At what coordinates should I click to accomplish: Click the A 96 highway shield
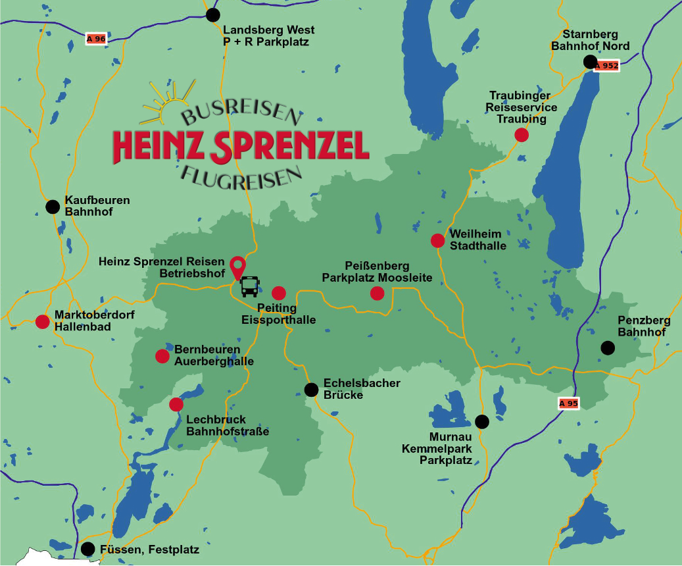96,39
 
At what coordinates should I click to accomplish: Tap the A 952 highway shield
607,66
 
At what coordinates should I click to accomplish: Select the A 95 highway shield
569,403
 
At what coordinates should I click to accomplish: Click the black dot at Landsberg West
212,15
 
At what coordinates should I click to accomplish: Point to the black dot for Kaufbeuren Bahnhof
53,207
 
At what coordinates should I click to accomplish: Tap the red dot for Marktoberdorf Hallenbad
42,322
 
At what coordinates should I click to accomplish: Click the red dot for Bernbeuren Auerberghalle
162,356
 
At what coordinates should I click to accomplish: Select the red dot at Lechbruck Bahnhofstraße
176,404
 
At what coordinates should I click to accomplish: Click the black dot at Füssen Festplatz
87,549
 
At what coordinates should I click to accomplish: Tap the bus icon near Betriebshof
250,286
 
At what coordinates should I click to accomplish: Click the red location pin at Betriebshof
237,267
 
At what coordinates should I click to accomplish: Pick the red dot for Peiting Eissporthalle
279,293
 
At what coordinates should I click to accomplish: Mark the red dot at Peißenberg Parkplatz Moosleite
377,293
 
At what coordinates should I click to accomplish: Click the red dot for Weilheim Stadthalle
438,240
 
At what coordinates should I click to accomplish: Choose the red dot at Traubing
522,135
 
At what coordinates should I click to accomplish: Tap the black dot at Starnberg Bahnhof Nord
591,62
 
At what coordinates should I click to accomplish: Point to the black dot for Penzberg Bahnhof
608,347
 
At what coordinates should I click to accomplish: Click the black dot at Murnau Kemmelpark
482,421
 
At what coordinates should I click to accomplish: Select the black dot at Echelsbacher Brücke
312,390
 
